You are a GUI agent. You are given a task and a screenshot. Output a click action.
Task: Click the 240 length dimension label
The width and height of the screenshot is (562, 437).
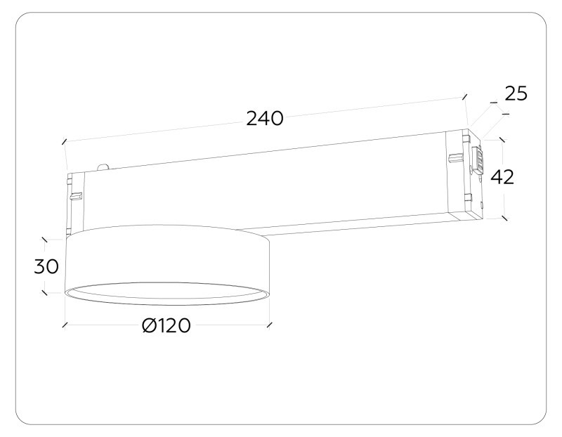264,119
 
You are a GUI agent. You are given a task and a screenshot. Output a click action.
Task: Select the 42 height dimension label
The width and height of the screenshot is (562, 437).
502,177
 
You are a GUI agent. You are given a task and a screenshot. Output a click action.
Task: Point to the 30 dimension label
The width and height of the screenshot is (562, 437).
46,266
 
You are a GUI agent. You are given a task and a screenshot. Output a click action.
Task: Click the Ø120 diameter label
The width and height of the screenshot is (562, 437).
166,326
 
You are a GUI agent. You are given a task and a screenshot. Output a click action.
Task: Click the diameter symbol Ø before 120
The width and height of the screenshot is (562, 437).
149,326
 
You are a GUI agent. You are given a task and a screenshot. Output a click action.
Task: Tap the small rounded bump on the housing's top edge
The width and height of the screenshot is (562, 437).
104,167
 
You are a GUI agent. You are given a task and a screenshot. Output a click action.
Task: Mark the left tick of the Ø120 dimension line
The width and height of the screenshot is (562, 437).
65,325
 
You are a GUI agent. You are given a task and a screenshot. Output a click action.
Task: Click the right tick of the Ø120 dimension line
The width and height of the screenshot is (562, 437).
269,325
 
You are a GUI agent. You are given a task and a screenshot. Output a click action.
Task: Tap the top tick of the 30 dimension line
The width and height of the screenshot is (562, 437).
45,240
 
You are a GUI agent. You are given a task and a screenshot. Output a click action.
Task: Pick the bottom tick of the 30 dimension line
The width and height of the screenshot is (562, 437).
45,292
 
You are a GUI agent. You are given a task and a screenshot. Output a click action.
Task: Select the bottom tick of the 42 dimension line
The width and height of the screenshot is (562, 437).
504,217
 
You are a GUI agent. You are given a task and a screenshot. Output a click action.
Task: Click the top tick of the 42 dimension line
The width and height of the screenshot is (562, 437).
502,139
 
